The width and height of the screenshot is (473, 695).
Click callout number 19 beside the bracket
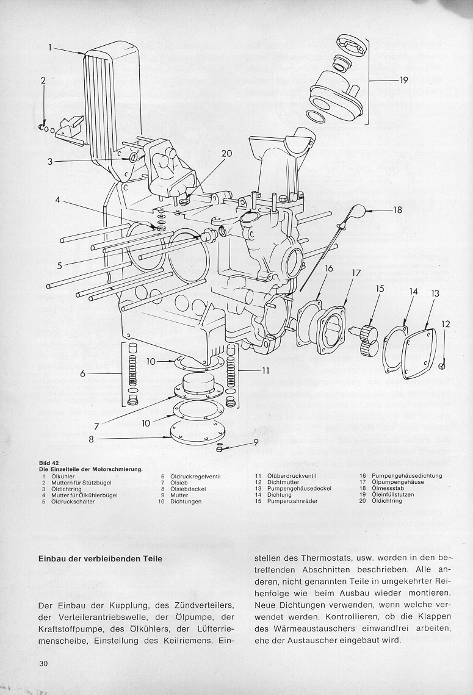(x=403, y=80)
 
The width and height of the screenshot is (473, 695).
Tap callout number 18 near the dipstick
(x=397, y=210)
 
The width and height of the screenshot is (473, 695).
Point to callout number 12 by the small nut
(x=446, y=324)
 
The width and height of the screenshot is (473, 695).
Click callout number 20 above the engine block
(x=226, y=154)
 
